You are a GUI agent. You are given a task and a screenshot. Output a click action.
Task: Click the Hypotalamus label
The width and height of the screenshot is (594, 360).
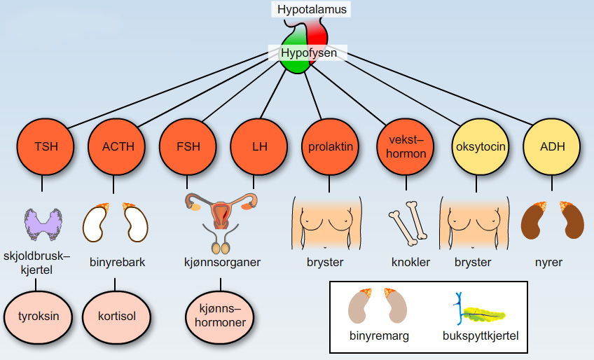pos(312,10)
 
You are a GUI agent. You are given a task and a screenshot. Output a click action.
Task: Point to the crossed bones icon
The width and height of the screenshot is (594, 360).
pos(406,223)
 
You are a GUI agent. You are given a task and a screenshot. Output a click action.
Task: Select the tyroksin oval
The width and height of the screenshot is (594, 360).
pos(38,315)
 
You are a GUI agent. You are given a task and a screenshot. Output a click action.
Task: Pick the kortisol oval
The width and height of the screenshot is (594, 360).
pos(117,315)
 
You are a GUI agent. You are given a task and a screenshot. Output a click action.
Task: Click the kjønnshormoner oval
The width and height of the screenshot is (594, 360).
pos(221,315)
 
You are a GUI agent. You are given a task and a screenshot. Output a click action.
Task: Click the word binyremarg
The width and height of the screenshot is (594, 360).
pos(379,336)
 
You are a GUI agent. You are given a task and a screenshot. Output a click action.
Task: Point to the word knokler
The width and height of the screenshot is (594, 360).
pos(410,263)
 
